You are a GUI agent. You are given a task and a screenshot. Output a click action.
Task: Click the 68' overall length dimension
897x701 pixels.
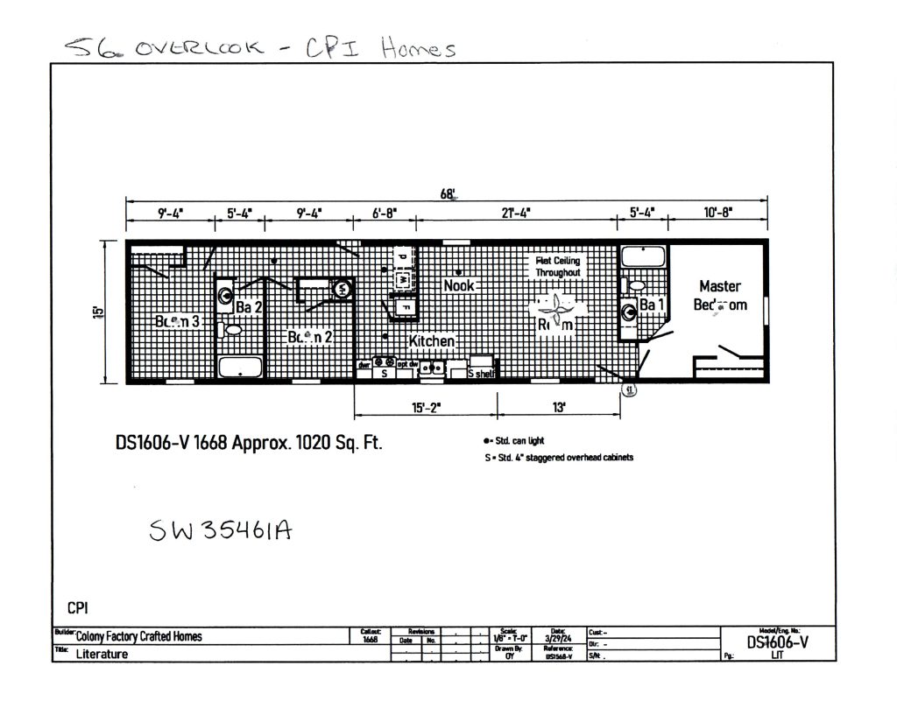(448, 194)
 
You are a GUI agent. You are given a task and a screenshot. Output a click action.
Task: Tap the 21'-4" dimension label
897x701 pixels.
(514, 213)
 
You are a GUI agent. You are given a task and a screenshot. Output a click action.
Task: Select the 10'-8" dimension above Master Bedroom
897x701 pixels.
(717, 213)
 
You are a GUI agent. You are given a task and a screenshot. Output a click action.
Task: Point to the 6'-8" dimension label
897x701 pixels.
(384, 213)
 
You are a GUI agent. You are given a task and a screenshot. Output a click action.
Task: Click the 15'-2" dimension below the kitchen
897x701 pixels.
(426, 407)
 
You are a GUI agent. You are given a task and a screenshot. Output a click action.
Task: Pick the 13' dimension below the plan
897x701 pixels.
(558, 407)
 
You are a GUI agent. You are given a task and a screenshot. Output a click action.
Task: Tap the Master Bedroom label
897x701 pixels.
(720, 295)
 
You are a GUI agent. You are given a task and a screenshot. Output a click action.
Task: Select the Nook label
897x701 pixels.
(459, 285)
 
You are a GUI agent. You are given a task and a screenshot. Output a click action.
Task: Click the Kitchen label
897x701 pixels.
(432, 341)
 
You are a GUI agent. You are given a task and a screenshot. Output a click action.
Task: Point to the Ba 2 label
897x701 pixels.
(249, 306)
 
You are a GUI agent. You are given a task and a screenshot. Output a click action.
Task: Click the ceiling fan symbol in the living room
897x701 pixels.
(557, 310)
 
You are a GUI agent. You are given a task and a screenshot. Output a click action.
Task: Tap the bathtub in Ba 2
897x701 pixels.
(240, 367)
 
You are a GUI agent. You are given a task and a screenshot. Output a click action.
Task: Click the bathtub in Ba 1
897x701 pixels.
(643, 258)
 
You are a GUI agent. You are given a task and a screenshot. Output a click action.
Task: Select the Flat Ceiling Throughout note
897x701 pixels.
(558, 266)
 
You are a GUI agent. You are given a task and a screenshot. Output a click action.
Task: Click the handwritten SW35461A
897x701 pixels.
(221, 530)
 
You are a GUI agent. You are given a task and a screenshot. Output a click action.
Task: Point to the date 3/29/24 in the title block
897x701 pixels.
(558, 639)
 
